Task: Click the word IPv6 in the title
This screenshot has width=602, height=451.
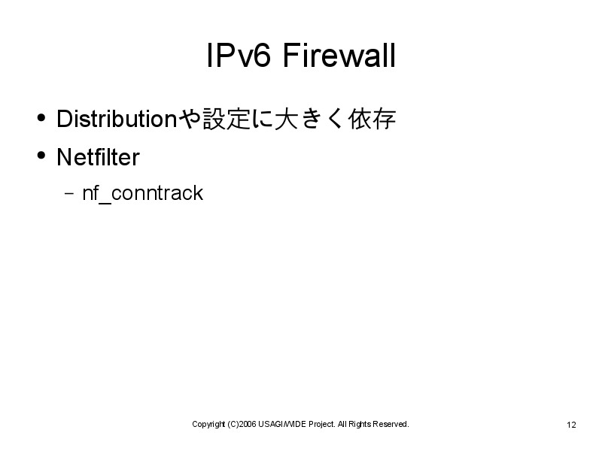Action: pos(239,55)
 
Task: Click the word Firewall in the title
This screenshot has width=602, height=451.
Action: pos(339,55)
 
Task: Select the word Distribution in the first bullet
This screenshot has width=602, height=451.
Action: pos(117,119)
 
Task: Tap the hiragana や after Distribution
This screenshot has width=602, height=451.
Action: pos(190,119)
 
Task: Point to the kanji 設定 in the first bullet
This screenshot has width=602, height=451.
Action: pos(227,119)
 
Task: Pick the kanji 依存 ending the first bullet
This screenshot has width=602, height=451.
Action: pos(372,119)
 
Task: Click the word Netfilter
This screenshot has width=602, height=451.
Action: pos(98,157)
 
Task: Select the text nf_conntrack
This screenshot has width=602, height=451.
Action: pos(143,193)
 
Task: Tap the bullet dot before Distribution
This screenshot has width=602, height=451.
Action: pos(41,117)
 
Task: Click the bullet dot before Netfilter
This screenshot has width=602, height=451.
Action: pos(41,156)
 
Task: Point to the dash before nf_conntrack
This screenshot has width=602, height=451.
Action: pos(69,193)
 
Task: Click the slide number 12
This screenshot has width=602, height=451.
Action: pos(571,425)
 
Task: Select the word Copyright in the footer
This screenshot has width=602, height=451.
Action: pos(208,424)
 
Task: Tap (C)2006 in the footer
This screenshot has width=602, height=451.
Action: pos(242,424)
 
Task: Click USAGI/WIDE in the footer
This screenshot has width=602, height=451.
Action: pos(282,424)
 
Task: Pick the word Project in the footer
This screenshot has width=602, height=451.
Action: pos(322,424)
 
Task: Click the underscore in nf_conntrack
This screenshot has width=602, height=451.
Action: pos(105,203)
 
